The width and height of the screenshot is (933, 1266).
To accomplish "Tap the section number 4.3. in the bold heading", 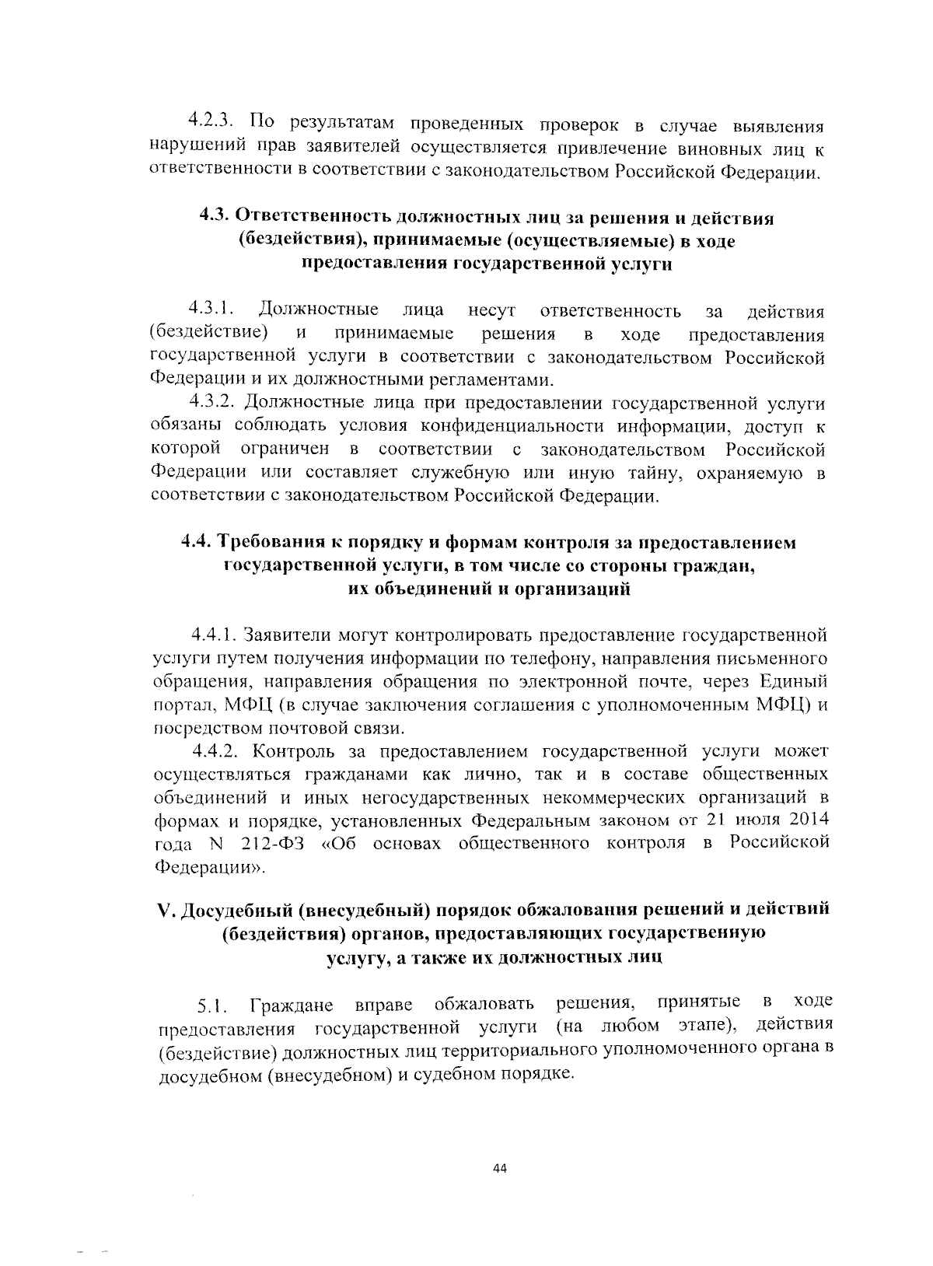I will click(215, 218).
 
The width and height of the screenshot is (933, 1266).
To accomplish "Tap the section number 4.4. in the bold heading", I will click(196, 542).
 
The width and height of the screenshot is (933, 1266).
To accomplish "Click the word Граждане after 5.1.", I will click(292, 1007).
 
